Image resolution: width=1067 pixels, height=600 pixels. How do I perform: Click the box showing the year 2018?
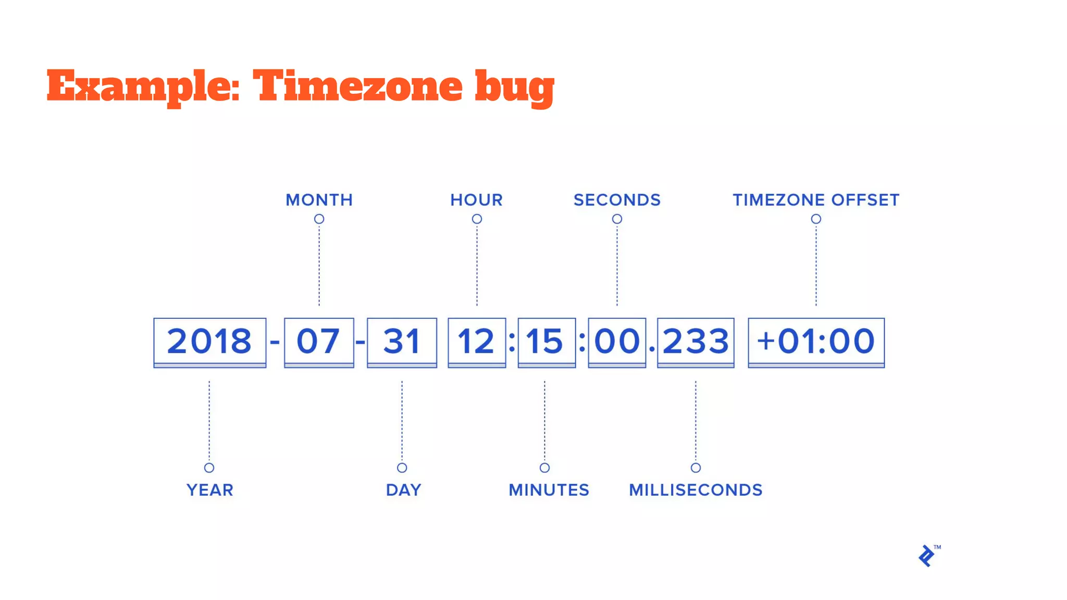[x=209, y=342]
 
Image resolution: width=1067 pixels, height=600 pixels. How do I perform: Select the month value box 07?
[x=319, y=342]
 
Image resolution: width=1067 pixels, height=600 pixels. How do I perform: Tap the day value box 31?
[x=402, y=342]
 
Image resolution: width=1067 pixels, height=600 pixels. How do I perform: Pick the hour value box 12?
[x=476, y=342]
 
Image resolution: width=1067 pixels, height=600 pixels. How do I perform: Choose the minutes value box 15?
[x=546, y=342]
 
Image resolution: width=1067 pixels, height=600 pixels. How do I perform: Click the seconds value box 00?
[x=617, y=342]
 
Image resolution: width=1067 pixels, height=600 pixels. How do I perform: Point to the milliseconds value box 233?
[x=696, y=342]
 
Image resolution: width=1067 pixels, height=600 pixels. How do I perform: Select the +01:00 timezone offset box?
[x=816, y=342]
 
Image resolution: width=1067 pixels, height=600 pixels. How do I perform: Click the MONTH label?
[x=319, y=200]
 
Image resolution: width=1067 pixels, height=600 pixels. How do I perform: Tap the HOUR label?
[x=476, y=200]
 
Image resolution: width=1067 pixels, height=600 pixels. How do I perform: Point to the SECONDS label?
[x=617, y=200]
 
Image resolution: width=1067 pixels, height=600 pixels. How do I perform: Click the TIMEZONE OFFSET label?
[x=816, y=200]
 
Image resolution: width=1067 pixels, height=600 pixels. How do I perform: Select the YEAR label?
[x=209, y=490]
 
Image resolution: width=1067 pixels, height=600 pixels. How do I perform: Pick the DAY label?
[x=403, y=490]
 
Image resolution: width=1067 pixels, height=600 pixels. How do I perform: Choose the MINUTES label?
[x=549, y=490]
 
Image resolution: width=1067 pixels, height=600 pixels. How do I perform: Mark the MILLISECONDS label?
[x=696, y=490]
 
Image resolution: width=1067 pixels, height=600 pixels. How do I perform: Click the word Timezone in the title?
[x=357, y=86]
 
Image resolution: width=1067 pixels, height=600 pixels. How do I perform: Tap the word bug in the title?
[x=514, y=87]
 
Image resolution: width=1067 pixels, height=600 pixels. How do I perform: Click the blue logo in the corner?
[x=927, y=556]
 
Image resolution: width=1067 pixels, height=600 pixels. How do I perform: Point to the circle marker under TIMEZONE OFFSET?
[x=816, y=219]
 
